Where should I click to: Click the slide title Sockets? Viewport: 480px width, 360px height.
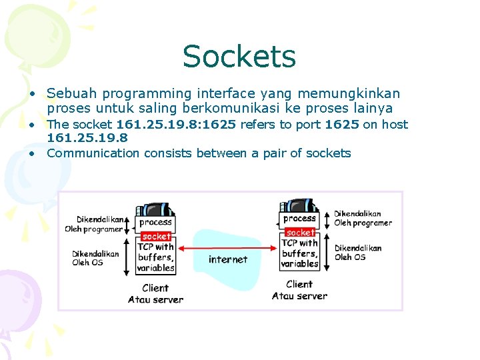[x=239, y=57]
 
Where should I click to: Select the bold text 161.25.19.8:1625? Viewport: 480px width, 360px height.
[x=177, y=124]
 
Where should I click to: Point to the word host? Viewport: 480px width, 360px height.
[x=395, y=124]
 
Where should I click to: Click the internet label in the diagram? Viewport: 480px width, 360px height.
[x=227, y=259]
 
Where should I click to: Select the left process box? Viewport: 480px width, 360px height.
[x=155, y=222]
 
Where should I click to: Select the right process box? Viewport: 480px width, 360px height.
[x=299, y=219]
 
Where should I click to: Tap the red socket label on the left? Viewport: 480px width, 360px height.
[x=156, y=236]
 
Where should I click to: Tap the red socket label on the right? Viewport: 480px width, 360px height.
[x=299, y=233]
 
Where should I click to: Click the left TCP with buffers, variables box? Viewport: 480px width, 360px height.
[x=155, y=257]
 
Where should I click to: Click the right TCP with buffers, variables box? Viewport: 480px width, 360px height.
[x=299, y=253]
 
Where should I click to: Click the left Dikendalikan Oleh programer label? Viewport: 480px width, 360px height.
[x=94, y=224]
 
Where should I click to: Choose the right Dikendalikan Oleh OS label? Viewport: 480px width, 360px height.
[x=358, y=253]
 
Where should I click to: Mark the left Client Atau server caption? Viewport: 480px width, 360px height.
[x=155, y=294]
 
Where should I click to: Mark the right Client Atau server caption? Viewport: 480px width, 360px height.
[x=299, y=290]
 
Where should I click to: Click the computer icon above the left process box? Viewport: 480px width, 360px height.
[x=155, y=207]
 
